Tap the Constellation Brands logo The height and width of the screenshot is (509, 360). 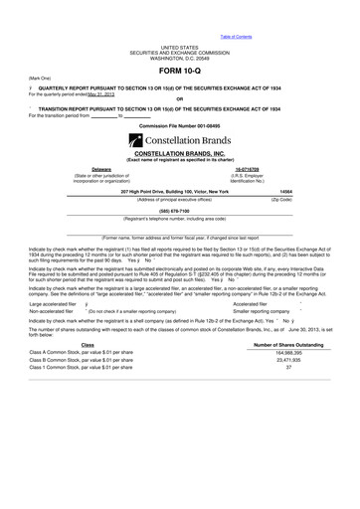click(x=179, y=142)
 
